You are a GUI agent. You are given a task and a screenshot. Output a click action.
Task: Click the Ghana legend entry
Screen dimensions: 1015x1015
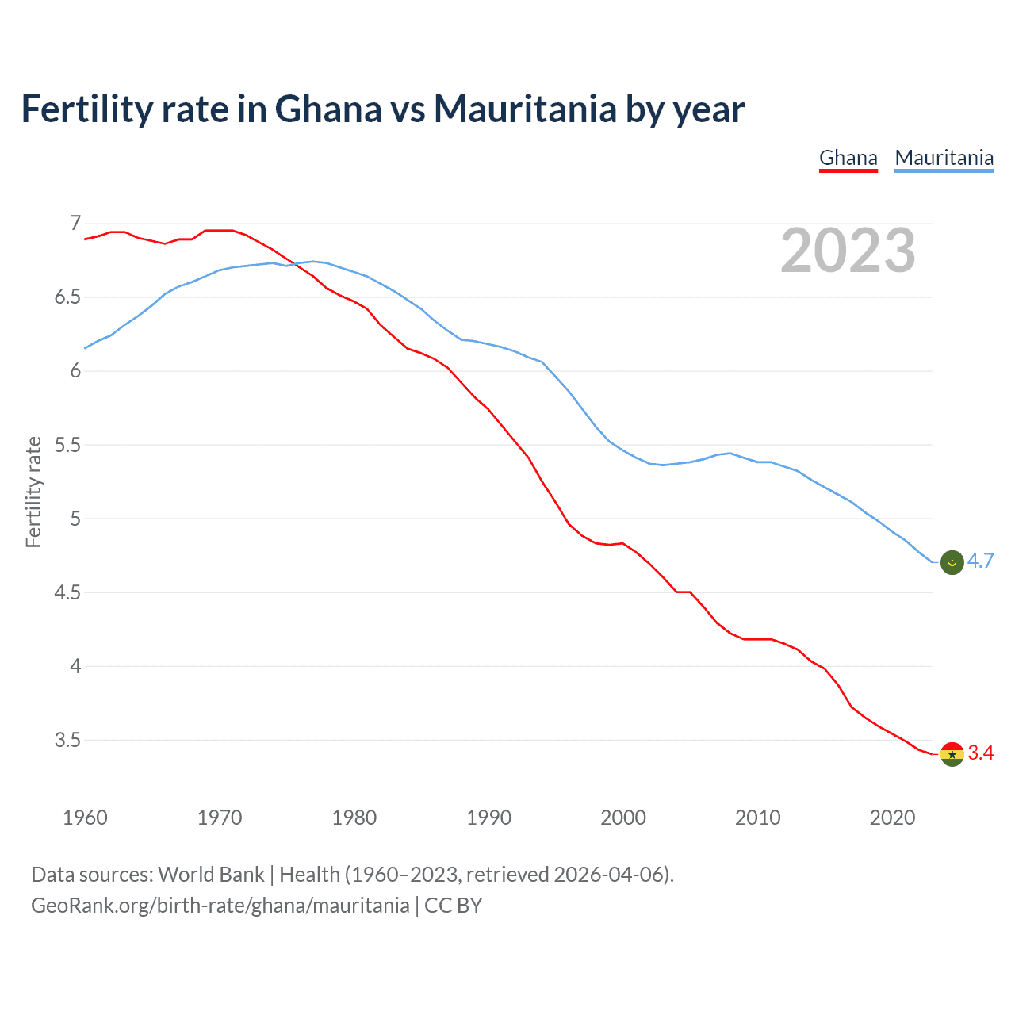tap(848, 158)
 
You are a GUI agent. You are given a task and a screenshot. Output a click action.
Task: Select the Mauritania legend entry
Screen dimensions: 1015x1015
tap(944, 158)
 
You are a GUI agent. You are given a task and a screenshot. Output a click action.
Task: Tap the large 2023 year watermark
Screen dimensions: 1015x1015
tap(848, 251)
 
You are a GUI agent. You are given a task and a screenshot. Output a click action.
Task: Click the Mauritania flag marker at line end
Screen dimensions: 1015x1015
tap(952, 562)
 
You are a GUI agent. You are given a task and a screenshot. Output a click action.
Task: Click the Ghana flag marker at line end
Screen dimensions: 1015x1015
tap(952, 754)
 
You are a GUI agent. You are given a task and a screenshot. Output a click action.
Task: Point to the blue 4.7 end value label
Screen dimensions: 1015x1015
tap(981, 561)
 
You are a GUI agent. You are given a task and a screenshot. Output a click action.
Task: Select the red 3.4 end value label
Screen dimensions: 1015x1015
tap(981, 753)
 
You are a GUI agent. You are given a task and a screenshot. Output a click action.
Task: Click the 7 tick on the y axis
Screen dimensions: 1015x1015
tap(75, 224)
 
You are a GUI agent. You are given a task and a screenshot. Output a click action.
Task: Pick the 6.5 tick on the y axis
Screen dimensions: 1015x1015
tap(67, 297)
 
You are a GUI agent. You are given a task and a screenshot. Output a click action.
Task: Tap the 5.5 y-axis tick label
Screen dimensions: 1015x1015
tap(67, 445)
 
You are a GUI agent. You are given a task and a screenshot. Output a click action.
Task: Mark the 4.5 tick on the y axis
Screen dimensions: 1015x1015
tap(67, 592)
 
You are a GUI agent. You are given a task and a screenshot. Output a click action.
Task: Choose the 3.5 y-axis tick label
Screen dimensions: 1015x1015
tap(67, 740)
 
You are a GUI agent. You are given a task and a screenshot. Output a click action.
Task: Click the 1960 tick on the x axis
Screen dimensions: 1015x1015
tap(85, 818)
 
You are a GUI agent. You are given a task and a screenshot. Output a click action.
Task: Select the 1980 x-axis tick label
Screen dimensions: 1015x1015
tap(354, 818)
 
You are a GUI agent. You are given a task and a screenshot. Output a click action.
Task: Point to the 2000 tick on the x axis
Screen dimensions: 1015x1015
tap(623, 818)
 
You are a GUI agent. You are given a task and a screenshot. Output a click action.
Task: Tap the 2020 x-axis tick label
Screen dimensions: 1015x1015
tap(893, 818)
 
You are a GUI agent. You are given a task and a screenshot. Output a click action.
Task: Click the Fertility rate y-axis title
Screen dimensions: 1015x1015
tap(33, 492)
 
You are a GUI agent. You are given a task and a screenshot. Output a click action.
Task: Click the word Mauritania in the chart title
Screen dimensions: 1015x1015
tap(524, 109)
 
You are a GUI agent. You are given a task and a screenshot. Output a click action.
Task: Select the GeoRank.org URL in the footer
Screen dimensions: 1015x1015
tap(220, 906)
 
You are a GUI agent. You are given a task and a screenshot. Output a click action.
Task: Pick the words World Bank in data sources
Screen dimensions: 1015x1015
tap(211, 875)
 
